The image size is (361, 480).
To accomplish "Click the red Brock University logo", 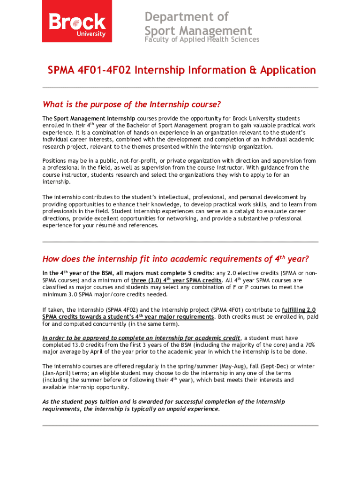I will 77,21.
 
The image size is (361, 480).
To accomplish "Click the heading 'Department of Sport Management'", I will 198,24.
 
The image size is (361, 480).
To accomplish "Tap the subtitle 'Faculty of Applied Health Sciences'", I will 201,40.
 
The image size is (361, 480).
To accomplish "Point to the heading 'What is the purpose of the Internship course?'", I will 132,104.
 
